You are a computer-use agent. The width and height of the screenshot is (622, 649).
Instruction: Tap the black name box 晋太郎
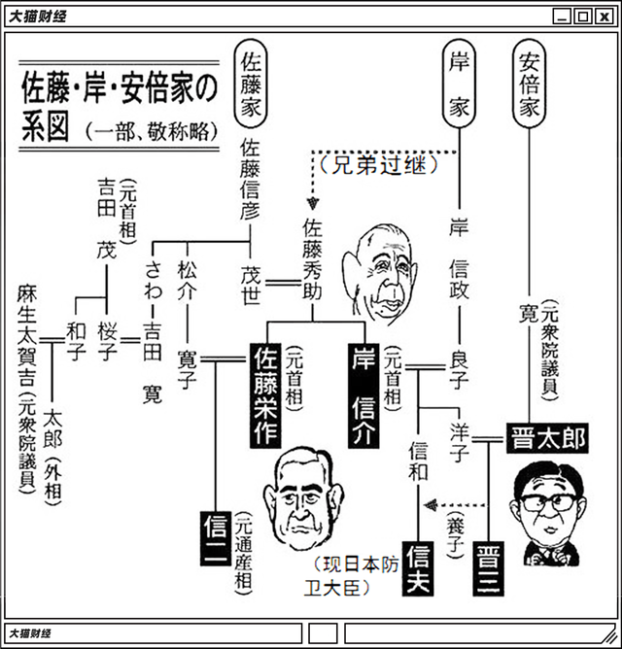click(547, 439)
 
